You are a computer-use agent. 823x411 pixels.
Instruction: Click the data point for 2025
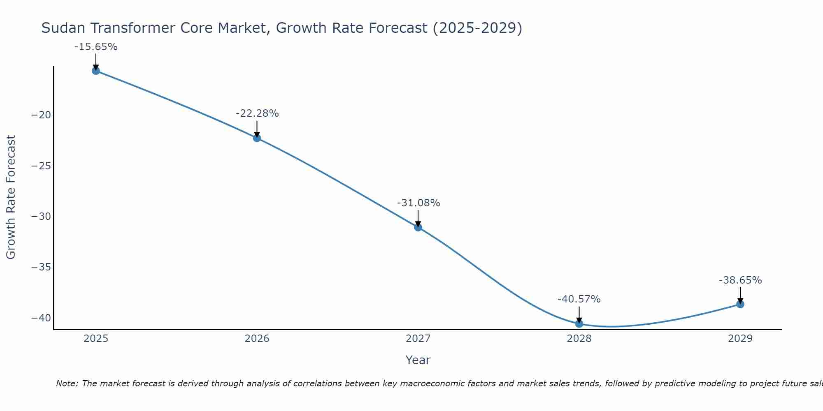[x=96, y=71]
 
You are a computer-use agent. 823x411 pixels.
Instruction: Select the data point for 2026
[x=257, y=138]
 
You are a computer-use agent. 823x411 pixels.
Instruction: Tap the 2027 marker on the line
[x=418, y=227]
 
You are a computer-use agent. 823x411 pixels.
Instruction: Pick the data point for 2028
[x=579, y=324]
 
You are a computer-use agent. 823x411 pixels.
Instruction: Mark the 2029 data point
[x=740, y=304]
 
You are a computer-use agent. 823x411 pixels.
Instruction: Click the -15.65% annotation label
[x=96, y=47]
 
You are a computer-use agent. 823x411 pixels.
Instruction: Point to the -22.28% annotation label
[x=257, y=113]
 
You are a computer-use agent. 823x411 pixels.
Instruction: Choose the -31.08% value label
[x=418, y=203]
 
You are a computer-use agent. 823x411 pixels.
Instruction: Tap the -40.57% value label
[x=579, y=299]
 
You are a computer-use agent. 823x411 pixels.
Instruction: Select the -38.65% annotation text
[x=740, y=280]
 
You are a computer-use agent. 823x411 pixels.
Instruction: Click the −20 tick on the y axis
[x=41, y=115]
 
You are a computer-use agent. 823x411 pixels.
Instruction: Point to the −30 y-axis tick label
[x=41, y=217]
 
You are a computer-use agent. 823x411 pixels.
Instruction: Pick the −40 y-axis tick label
[x=41, y=318]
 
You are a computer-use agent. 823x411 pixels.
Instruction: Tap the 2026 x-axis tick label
[x=257, y=339]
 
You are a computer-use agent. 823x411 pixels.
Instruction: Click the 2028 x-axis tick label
[x=579, y=339]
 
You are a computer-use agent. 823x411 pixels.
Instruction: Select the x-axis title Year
[x=418, y=360]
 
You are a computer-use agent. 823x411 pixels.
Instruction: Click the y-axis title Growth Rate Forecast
[x=11, y=197]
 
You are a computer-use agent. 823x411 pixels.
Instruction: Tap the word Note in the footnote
[x=66, y=383]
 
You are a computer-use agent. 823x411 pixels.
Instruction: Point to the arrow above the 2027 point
[x=418, y=218]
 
